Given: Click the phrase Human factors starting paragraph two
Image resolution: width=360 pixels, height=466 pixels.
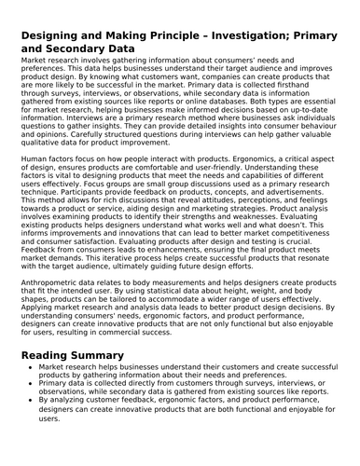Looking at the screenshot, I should pos(45,161).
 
